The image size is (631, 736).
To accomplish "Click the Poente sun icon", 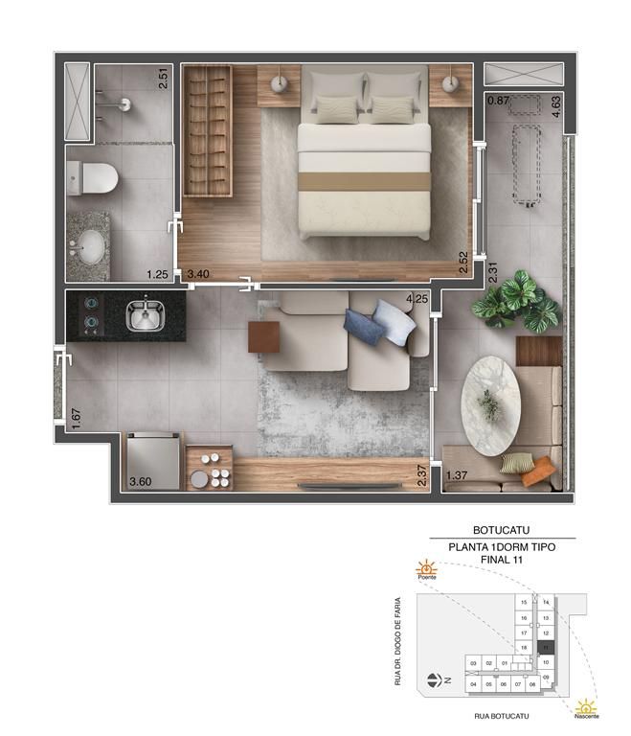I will coord(425,568).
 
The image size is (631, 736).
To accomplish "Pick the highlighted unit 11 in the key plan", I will coord(545,648).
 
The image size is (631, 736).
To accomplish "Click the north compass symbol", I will coord(436,681).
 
